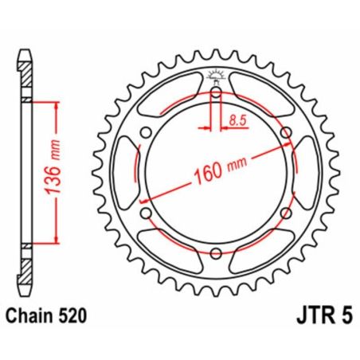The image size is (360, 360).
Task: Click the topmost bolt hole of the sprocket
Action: (216, 95)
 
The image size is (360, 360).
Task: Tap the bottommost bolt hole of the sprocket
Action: (216, 254)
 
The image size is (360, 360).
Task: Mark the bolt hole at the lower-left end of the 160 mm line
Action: (146, 214)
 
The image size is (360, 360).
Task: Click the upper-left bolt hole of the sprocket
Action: (146, 134)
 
